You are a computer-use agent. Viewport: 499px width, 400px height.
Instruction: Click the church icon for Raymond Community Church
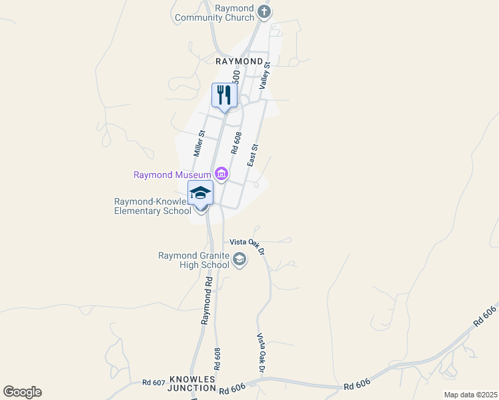tap(264, 11)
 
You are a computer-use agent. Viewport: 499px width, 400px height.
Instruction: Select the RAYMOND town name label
tap(239, 61)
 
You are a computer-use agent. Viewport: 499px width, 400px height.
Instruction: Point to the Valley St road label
tap(266, 75)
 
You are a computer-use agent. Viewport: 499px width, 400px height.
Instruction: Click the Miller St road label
tap(199, 143)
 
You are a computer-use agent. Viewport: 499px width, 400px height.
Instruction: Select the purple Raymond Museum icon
tap(221, 175)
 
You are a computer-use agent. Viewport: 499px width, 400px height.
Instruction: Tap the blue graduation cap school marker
tap(200, 193)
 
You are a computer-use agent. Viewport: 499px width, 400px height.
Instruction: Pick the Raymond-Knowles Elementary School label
tap(153, 206)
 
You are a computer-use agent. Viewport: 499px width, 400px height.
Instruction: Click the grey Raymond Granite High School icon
tap(239, 260)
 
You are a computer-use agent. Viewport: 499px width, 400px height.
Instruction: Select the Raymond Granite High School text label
tap(193, 260)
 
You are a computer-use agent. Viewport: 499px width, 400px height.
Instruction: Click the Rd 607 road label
tap(153, 383)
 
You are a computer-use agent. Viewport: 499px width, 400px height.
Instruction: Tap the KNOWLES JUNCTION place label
tap(192, 383)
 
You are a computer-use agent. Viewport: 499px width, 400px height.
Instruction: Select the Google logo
tap(22, 392)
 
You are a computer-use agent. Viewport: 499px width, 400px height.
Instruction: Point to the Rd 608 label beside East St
tap(235, 143)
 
